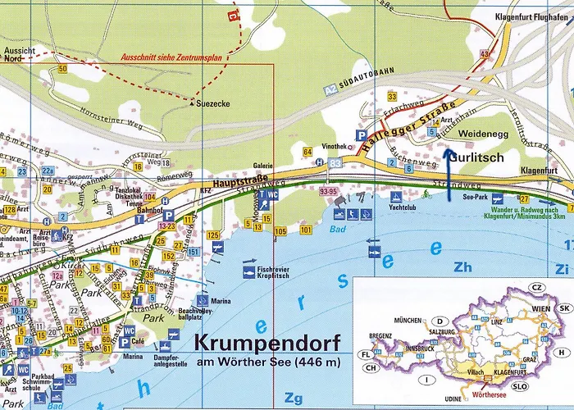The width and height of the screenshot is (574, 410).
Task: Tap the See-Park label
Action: point(476,198)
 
